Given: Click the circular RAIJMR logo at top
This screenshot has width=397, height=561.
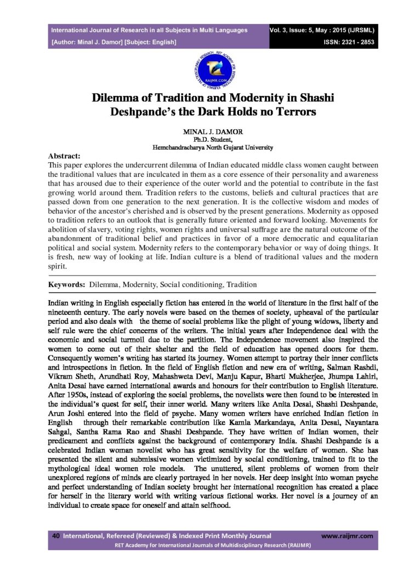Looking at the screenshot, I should [x=198, y=70].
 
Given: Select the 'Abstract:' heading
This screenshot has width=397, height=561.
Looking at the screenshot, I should [x=64, y=155].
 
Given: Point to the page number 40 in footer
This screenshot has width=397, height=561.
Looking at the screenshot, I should [x=55, y=535].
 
